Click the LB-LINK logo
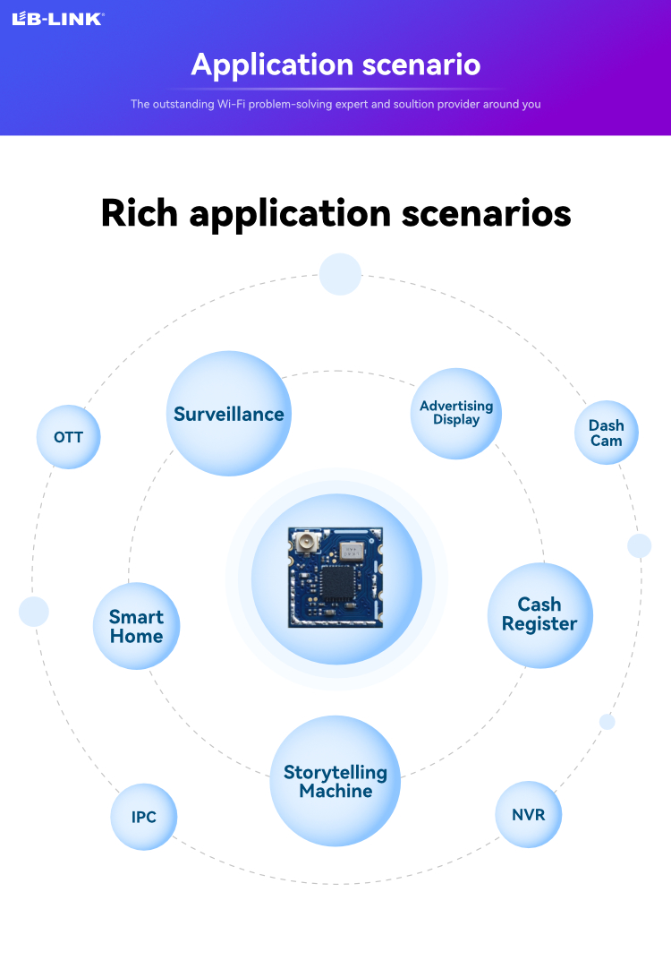pos(58,19)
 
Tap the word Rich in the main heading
pos(140,213)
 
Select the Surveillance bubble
pos(229,414)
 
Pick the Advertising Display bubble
pos(456,414)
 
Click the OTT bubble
pos(69,437)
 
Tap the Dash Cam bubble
pos(607,433)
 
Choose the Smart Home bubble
pos(136,626)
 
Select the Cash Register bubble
pos(540,615)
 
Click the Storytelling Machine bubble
pos(335,781)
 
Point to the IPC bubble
pos(144,817)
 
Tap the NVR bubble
pos(529,814)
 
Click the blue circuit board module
pos(335,578)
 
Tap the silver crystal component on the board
pos(352,550)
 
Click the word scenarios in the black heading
pos(487,213)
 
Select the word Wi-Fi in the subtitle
pos(231,104)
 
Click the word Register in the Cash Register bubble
pos(539,624)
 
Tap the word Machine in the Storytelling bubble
pos(335,791)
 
